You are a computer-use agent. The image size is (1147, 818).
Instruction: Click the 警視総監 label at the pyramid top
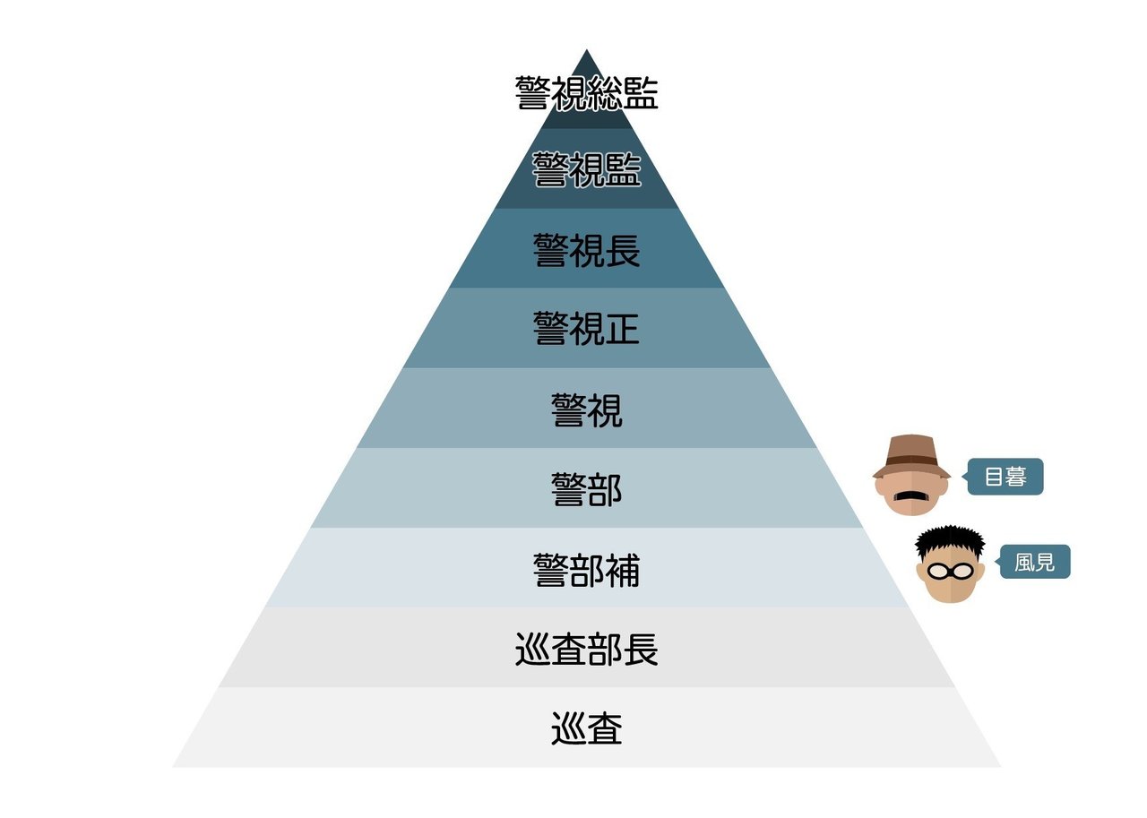587,93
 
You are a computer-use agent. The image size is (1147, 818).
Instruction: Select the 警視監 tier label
587,170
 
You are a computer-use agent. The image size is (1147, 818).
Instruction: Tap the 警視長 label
587,250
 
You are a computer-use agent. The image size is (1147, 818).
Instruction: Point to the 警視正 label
587,329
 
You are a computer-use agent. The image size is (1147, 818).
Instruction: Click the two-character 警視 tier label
587,409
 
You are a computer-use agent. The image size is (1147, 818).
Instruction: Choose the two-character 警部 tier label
587,489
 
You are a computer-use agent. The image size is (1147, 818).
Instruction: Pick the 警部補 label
587,570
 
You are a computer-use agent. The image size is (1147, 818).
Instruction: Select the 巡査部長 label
587,650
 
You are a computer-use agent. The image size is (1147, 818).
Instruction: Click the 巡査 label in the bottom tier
587,729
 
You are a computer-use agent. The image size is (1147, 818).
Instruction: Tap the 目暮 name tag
1005,477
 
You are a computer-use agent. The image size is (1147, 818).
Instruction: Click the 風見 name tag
1035,564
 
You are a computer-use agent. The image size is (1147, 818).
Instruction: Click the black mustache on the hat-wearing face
911,495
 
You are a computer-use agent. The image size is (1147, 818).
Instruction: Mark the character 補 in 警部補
623,570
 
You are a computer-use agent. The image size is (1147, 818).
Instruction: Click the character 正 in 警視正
623,329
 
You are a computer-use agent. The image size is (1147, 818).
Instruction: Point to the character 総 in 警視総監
605,93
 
